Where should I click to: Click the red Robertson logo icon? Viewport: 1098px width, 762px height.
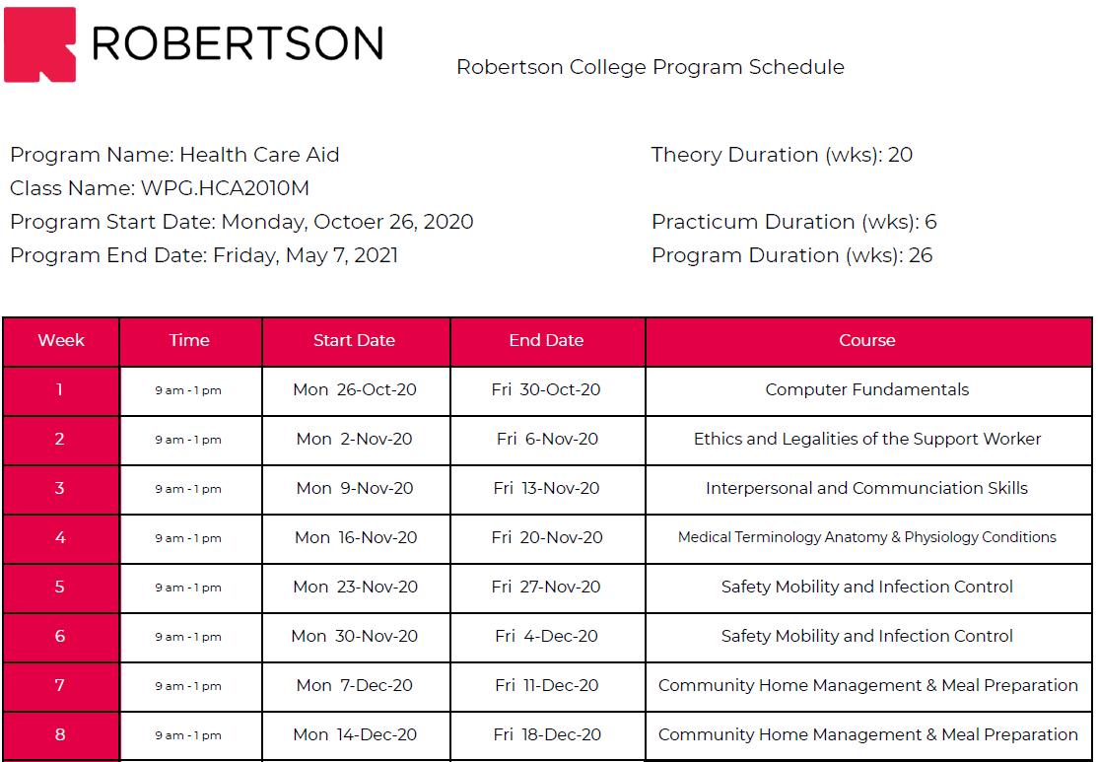pyautogui.click(x=39, y=44)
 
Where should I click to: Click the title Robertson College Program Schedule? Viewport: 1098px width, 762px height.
pyautogui.click(x=650, y=67)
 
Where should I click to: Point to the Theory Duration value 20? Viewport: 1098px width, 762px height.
pyautogui.click(x=900, y=155)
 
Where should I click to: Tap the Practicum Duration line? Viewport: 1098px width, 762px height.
pyautogui.click(x=793, y=222)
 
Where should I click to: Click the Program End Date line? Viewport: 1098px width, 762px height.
pyautogui.click(x=204, y=255)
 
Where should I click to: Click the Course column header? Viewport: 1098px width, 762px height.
pyautogui.click(x=867, y=340)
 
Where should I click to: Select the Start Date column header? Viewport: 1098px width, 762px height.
pyautogui.click(x=354, y=340)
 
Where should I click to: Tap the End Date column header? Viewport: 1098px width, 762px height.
pyautogui.click(x=546, y=340)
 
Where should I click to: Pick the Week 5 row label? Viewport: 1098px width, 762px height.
pyautogui.click(x=60, y=587)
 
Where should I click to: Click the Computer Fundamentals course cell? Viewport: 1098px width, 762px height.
pyautogui.click(x=867, y=389)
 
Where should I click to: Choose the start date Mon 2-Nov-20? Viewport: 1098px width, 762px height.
pyautogui.click(x=354, y=439)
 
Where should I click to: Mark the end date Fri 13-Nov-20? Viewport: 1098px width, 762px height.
pyautogui.click(x=547, y=488)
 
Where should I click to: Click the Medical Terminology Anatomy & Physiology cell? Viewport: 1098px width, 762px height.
pyautogui.click(x=867, y=537)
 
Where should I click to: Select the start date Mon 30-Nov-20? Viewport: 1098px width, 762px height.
pyautogui.click(x=354, y=636)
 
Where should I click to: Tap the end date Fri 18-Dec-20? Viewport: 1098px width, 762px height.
pyautogui.click(x=547, y=734)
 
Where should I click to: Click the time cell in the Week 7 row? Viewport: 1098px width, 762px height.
pyautogui.click(x=188, y=685)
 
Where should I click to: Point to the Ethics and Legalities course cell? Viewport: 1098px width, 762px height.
pyautogui.click(x=867, y=439)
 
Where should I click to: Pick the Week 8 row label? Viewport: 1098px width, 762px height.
pyautogui.click(x=60, y=734)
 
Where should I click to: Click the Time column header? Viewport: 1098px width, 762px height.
pyautogui.click(x=189, y=340)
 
